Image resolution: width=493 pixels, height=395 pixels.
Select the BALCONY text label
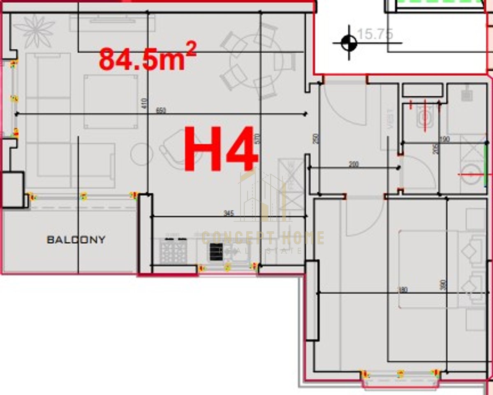pos(76,240)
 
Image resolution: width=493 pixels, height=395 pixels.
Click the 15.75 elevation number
pos(375,34)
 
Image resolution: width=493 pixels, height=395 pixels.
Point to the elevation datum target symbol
pos(349,42)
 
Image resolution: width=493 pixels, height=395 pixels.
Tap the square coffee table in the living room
pos(111,101)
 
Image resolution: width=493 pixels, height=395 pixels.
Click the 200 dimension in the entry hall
pos(353,165)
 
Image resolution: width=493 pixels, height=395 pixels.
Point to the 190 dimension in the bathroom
pos(444,140)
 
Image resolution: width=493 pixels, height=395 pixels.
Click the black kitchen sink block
pos(216,252)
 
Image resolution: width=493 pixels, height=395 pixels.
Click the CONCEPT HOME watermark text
pos(263,238)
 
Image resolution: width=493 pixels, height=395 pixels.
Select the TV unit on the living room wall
pos(112,22)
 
